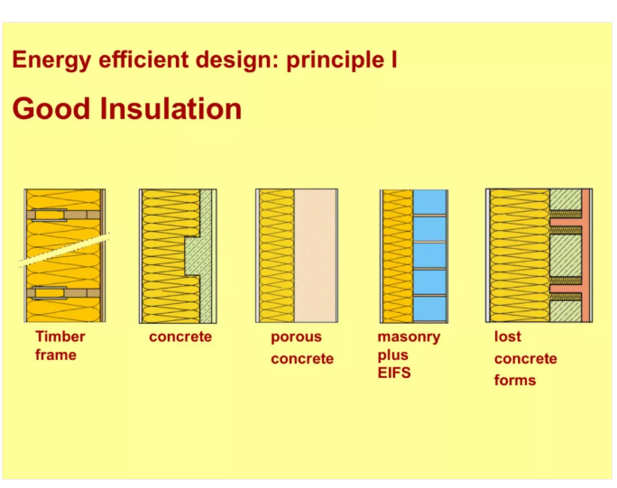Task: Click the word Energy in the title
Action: [51, 60]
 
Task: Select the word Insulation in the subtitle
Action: [170, 108]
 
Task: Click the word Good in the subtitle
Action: [51, 108]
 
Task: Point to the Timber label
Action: [60, 336]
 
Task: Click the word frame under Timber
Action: [56, 355]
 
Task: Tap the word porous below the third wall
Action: [296, 337]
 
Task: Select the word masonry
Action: [409, 337]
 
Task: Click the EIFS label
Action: [394, 373]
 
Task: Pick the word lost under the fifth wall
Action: [508, 336]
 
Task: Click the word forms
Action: [515, 380]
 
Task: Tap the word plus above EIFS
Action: [392, 355]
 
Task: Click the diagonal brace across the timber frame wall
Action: [64, 250]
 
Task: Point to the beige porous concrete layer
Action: [316, 256]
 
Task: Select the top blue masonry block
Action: [429, 202]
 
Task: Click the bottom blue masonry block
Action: [429, 308]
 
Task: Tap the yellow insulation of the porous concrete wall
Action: [277, 256]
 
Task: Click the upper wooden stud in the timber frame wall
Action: [63, 215]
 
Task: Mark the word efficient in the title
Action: [143, 60]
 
